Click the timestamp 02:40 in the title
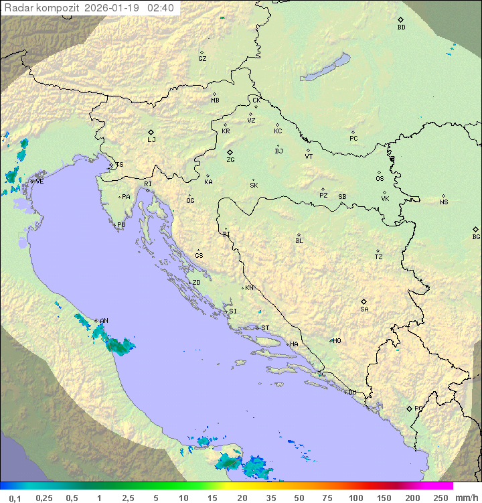point(161,8)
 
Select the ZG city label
point(230,160)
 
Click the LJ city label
point(151,140)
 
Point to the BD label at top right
point(401,27)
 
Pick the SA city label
point(364,309)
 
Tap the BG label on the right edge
point(476,236)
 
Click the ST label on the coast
point(265,328)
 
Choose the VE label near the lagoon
point(39,182)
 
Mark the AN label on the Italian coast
point(104,321)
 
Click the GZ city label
point(202,59)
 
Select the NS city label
point(444,202)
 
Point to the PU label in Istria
point(121,225)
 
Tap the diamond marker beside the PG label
point(409,409)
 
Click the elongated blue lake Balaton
point(325,68)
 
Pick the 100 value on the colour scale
point(355,498)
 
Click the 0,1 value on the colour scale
point(14,498)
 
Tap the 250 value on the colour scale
point(440,498)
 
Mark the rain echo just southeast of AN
point(120,346)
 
